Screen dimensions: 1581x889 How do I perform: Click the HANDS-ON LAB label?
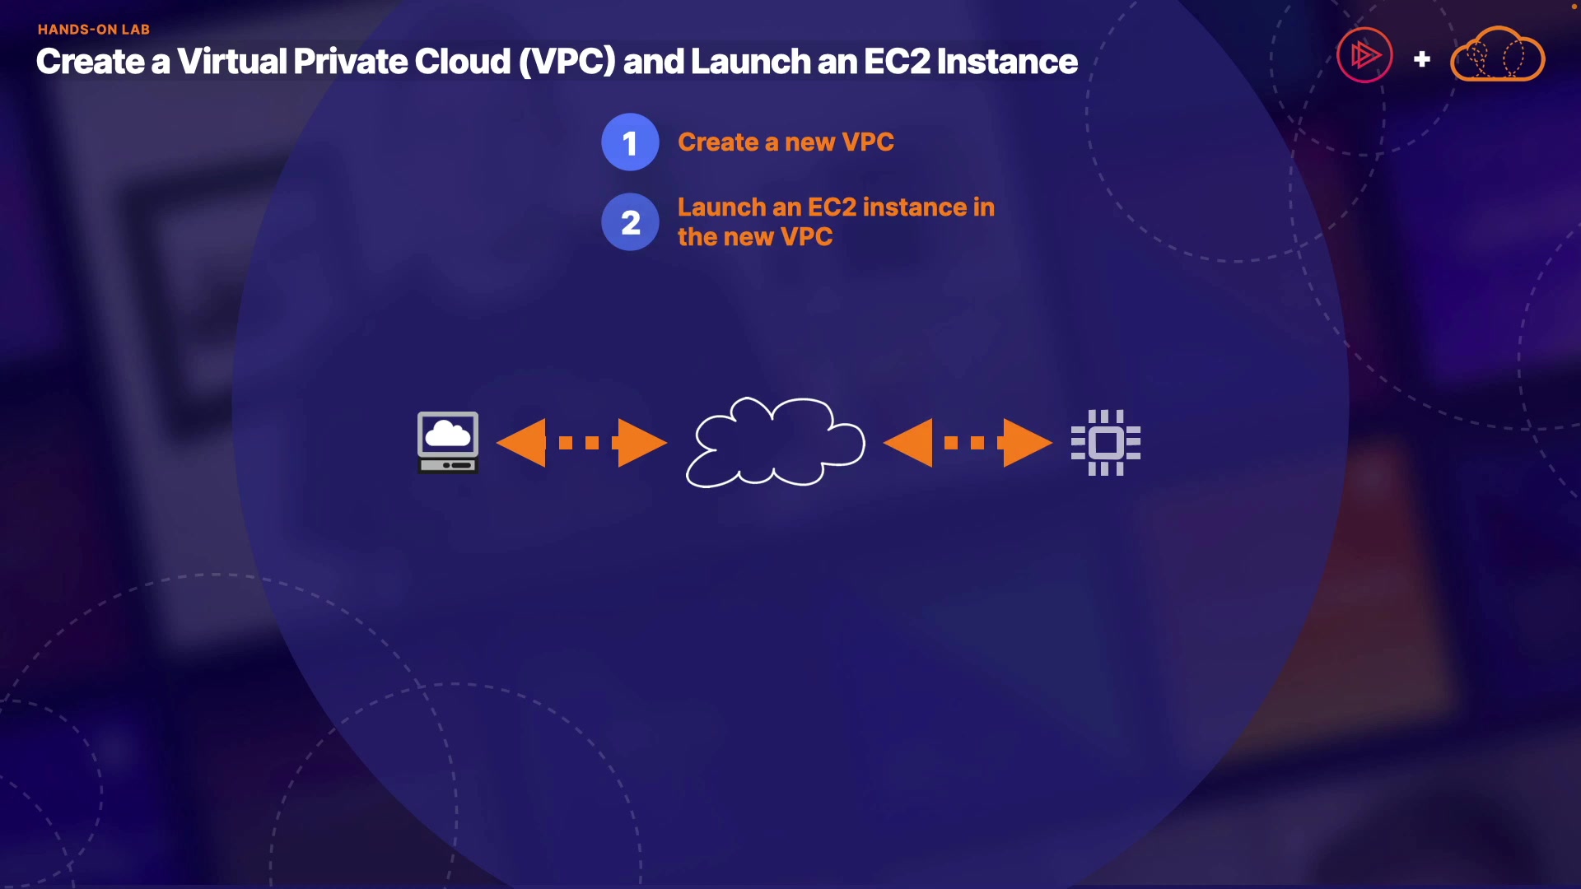(94, 30)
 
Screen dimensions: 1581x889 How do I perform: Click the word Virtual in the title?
(232, 62)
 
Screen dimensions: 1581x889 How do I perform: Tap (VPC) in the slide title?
(567, 62)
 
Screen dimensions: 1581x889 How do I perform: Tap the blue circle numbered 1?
(630, 142)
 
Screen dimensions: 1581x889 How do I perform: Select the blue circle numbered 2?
(630, 222)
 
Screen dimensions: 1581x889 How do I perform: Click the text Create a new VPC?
(786, 142)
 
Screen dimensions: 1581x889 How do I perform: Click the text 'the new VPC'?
(755, 237)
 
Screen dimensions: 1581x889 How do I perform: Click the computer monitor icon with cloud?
(448, 442)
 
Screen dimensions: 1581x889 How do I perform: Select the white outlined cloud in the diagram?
(775, 442)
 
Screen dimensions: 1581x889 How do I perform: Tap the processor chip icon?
(1105, 443)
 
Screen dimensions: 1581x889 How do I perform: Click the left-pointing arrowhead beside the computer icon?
(524, 443)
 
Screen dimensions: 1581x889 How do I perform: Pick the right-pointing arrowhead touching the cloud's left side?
(641, 443)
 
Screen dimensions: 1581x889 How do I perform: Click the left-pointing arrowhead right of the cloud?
(910, 443)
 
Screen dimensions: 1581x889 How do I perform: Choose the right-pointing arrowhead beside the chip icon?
(1026, 443)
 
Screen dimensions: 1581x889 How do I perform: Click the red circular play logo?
(1364, 56)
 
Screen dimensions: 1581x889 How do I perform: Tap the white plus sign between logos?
(1421, 59)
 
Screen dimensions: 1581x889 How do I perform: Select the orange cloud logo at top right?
(1497, 54)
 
